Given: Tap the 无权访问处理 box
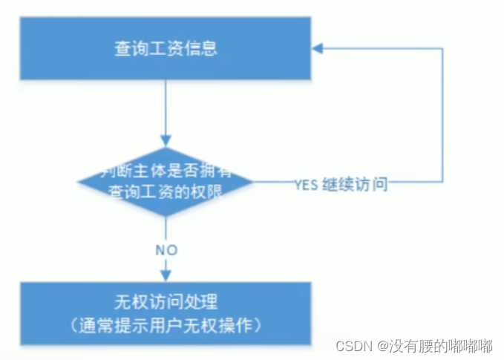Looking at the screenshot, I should (x=166, y=313).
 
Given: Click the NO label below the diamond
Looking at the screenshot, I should (x=166, y=249).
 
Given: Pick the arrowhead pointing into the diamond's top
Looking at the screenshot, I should (x=166, y=141).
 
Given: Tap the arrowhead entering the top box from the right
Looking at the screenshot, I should (x=318, y=49).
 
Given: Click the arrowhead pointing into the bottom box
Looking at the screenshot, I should (x=166, y=276).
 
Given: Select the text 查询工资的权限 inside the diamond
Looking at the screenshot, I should (x=165, y=192).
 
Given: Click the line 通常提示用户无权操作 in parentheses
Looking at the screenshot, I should (x=166, y=326).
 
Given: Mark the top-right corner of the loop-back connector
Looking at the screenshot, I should (x=443, y=49).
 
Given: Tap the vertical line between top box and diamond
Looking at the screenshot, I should (x=166, y=108).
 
